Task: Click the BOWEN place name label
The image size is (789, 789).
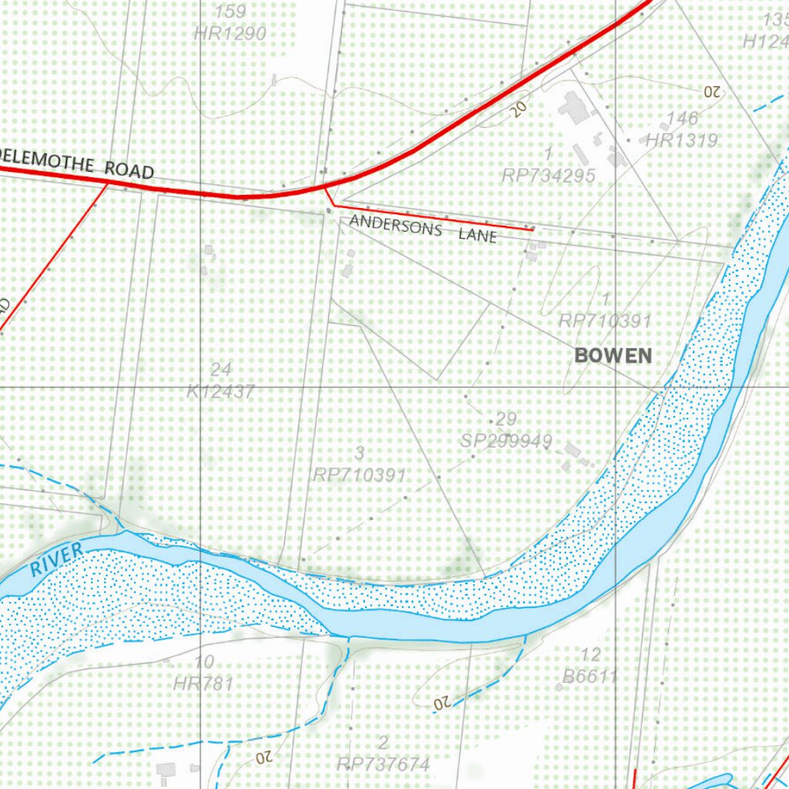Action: (613, 356)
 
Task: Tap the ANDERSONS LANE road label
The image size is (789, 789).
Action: (423, 229)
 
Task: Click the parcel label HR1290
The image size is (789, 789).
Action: (230, 33)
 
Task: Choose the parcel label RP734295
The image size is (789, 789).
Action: (548, 176)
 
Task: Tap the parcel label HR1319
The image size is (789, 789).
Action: (681, 140)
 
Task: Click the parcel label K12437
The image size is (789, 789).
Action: (220, 391)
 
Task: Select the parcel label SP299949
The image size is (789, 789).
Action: (506, 441)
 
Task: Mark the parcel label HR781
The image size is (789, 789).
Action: (203, 683)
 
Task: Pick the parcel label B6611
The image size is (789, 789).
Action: (590, 677)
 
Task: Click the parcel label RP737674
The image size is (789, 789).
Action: (383, 764)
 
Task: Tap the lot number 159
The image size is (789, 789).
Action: (230, 12)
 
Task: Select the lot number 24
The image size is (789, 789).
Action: (220, 370)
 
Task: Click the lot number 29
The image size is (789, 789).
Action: (506, 419)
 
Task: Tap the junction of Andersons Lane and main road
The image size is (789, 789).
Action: (325, 188)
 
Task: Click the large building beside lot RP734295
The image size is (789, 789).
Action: (574, 107)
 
